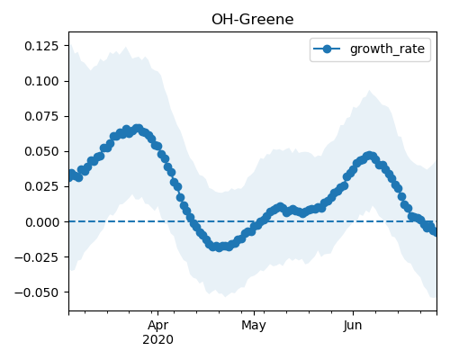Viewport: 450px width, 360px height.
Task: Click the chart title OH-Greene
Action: click(x=253, y=20)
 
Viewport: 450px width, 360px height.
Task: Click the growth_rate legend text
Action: click(x=387, y=49)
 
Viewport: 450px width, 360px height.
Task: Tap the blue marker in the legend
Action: click(x=327, y=49)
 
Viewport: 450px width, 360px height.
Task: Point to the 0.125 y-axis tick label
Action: click(x=41, y=46)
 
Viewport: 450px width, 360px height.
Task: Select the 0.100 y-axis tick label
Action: click(x=41, y=81)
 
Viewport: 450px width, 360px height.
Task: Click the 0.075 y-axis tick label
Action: click(x=41, y=116)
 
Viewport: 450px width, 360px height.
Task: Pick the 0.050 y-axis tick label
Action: click(x=41, y=151)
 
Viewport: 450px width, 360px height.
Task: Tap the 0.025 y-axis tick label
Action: click(x=41, y=186)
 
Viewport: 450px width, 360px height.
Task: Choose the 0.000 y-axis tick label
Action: click(x=41, y=222)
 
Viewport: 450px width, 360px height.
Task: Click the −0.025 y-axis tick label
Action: click(x=37, y=257)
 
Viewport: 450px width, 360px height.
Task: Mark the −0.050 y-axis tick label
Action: click(x=37, y=292)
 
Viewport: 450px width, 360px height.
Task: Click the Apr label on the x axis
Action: click(x=157, y=326)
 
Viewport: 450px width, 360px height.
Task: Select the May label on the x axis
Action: click(x=254, y=326)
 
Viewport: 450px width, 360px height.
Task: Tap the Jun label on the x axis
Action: click(x=353, y=326)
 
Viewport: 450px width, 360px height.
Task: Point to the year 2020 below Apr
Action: click(x=157, y=340)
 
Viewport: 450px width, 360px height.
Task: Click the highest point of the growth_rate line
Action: click(x=138, y=129)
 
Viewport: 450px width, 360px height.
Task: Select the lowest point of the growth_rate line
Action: click(x=220, y=247)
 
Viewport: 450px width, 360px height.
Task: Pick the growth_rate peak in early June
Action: click(x=369, y=156)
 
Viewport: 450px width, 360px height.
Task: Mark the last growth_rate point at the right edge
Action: click(x=435, y=231)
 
